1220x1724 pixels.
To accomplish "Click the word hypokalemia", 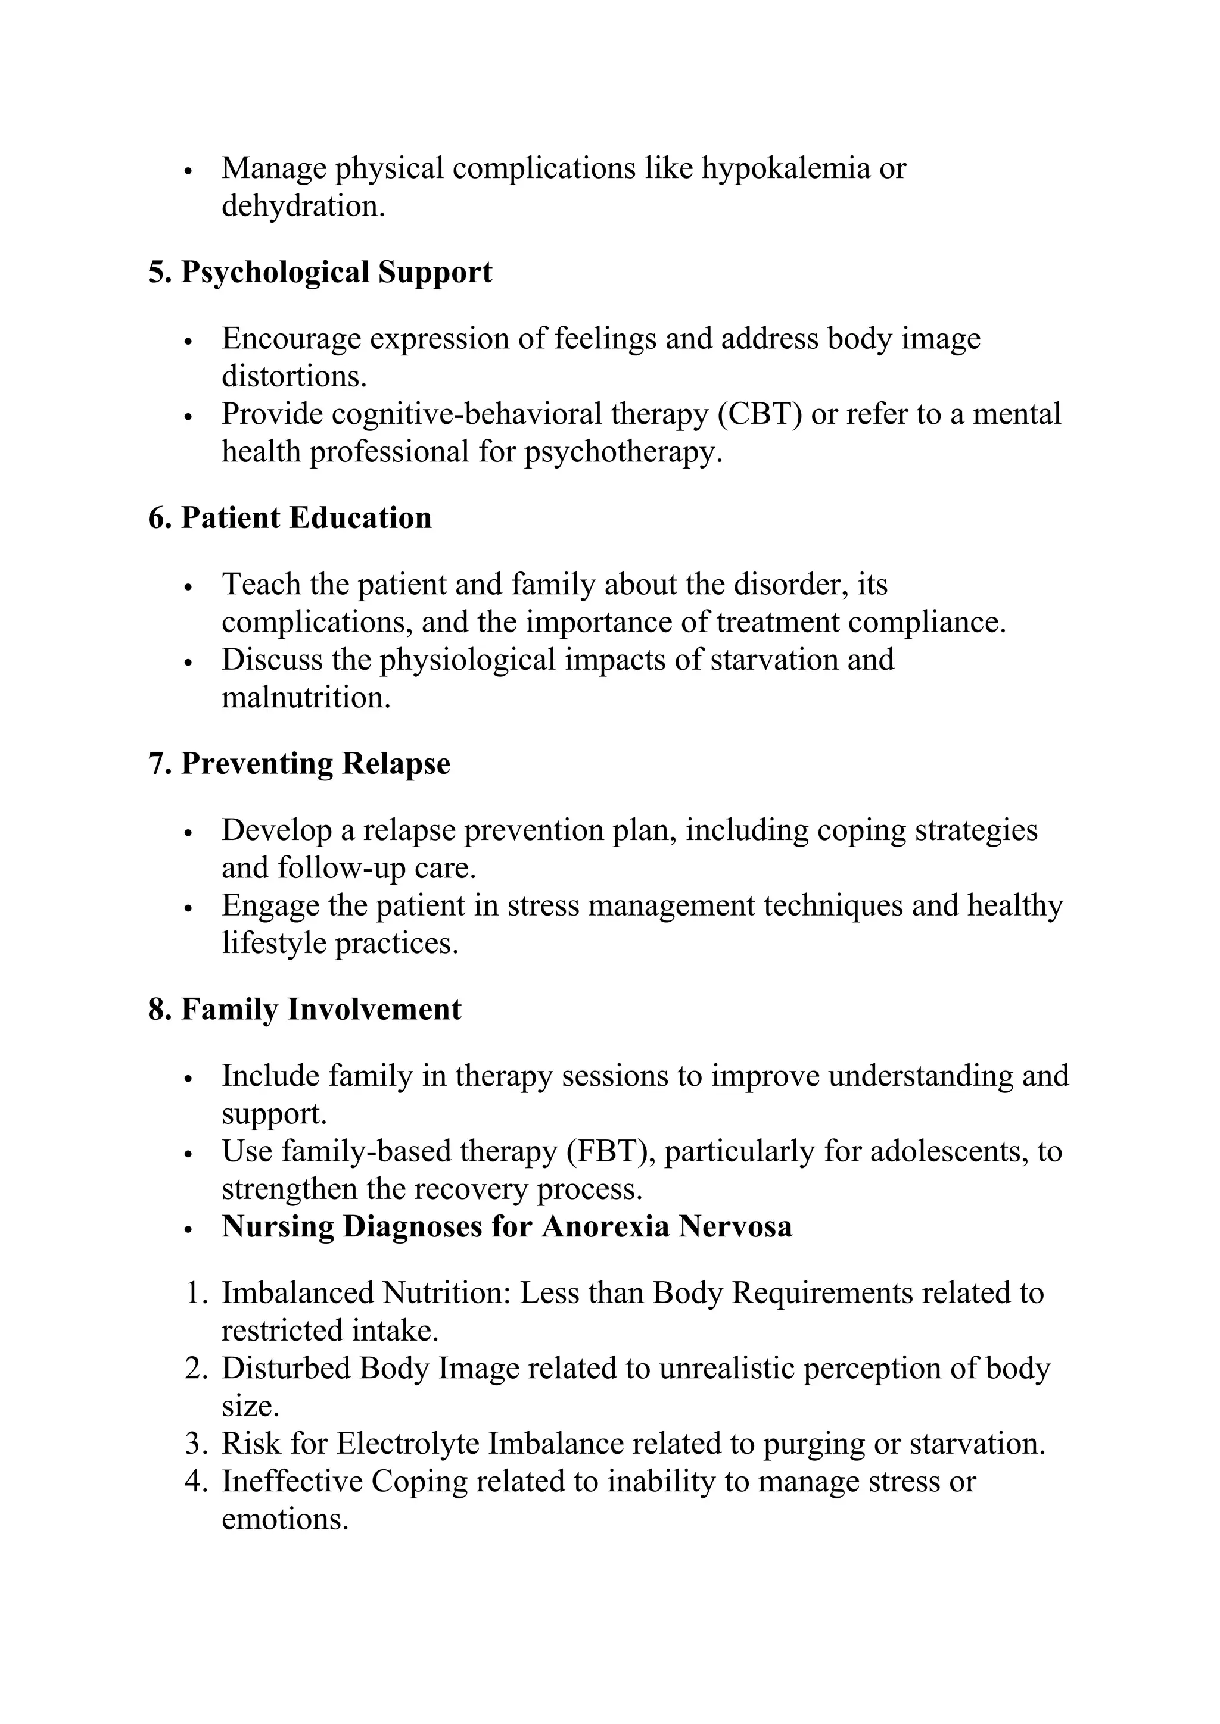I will tap(785, 169).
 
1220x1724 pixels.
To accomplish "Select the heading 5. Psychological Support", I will tap(320, 272).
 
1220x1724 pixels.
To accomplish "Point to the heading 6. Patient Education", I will tap(290, 518).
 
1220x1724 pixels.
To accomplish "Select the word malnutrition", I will tap(305, 698).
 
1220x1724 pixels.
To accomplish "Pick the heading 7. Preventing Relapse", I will tap(299, 764).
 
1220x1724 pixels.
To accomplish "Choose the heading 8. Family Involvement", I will tap(304, 1009).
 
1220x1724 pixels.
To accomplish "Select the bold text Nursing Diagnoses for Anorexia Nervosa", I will tap(507, 1226).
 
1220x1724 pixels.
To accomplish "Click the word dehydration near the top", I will tap(302, 207).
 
